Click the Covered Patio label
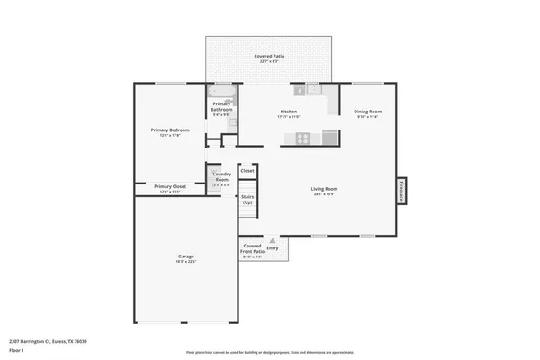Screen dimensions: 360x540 269,56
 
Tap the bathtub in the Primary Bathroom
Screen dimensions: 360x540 221,91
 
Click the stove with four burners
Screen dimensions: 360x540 303,138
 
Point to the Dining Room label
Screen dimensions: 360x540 367,112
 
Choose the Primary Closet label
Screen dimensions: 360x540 170,186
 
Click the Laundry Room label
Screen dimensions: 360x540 221,176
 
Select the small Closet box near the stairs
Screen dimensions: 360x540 247,170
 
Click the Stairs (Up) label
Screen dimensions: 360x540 247,200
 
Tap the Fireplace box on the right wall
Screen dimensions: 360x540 401,190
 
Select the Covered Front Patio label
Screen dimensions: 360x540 252,249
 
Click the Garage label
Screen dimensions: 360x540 185,256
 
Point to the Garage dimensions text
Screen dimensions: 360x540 185,262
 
